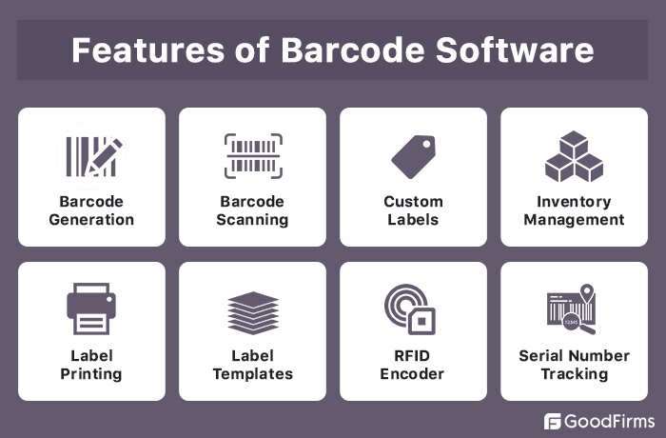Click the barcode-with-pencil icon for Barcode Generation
click(91, 155)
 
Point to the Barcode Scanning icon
click(252, 155)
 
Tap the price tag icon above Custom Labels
click(413, 156)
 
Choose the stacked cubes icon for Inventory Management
click(574, 155)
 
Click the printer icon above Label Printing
click(91, 309)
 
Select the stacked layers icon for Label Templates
click(252, 311)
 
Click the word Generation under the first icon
click(91, 220)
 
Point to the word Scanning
click(252, 220)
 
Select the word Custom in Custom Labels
click(413, 202)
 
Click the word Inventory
click(574, 202)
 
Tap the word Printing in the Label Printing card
click(91, 374)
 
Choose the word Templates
click(252, 374)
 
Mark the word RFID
click(413, 356)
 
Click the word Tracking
click(574, 374)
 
